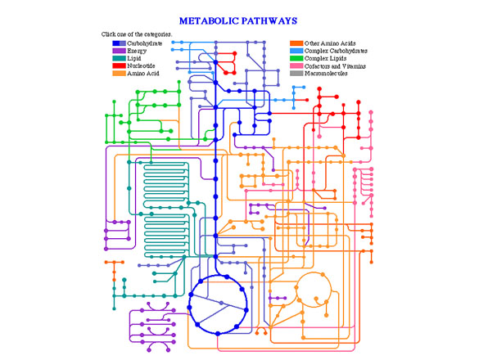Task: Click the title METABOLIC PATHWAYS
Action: tap(238, 20)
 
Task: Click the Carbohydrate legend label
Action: tap(144, 43)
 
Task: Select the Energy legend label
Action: tap(137, 51)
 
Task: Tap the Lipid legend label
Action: tap(134, 58)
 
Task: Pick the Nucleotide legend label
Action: tap(141, 65)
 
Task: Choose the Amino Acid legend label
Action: tap(143, 74)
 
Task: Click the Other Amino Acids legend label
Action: tap(330, 43)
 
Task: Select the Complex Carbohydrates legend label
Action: tap(336, 51)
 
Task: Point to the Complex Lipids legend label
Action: tap(325, 58)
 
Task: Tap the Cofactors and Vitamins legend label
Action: tap(335, 66)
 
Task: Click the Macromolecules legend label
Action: tap(326, 74)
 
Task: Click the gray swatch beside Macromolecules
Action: tap(296, 74)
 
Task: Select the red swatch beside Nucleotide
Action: tap(120, 65)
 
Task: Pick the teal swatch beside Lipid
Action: tap(120, 58)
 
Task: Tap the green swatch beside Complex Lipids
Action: tap(296, 58)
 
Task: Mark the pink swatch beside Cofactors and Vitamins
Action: tap(296, 66)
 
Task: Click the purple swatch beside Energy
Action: tap(120, 51)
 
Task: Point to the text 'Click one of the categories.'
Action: tap(137, 34)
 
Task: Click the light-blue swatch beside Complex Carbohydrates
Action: tap(296, 51)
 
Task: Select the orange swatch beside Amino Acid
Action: tap(120, 74)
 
